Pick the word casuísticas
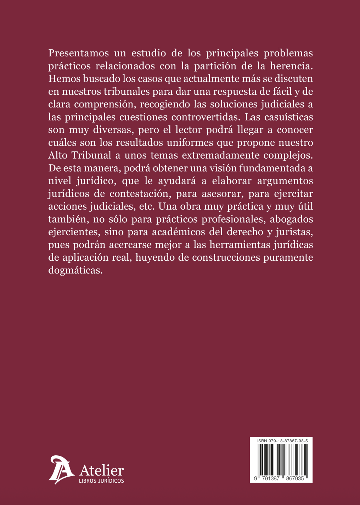[288, 117]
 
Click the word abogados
[291, 219]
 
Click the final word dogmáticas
[75, 270]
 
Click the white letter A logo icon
[61, 470]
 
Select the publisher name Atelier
[101, 471]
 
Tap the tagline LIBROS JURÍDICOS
[101, 481]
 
